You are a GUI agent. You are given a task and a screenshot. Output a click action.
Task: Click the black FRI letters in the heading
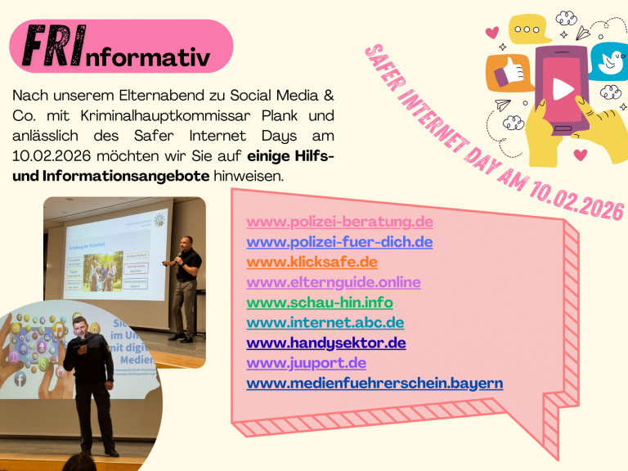tap(52, 47)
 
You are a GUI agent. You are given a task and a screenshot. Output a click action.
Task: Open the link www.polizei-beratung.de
tap(339, 222)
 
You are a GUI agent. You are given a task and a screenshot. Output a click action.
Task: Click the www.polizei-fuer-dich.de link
tap(339, 242)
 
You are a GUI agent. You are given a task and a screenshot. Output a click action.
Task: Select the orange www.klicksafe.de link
tap(312, 262)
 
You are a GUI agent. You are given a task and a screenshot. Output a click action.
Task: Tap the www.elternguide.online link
tap(334, 282)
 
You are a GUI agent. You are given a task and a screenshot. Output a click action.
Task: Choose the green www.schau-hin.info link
tap(320, 303)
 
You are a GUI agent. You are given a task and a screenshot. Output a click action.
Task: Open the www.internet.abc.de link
tap(325, 322)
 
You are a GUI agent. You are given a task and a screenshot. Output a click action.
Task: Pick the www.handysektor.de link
tap(325, 343)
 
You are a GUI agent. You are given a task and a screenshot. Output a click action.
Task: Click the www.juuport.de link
tap(306, 362)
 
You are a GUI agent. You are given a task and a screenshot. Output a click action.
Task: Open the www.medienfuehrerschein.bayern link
tap(375, 383)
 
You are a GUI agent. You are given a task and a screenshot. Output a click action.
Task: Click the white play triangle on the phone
tap(563, 87)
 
